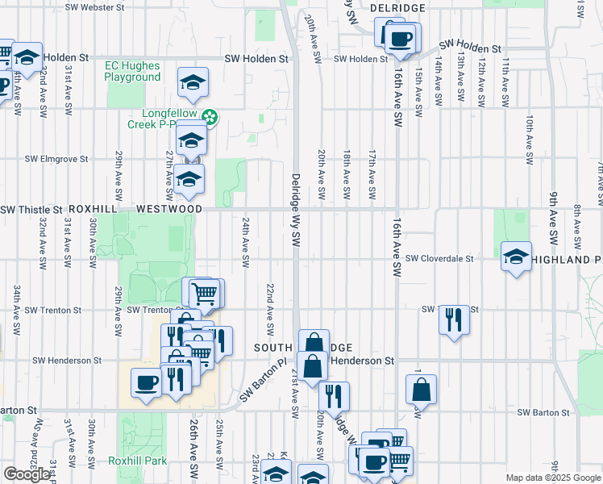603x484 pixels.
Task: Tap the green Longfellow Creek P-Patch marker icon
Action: pos(210,118)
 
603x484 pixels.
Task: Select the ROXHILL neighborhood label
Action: pos(94,208)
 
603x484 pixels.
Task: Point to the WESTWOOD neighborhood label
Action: pos(169,208)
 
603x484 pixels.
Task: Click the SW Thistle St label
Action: pos(31,210)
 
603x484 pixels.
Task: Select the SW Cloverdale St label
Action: pos(439,259)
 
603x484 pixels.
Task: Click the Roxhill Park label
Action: pos(138,461)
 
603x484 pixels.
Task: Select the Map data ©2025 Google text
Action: pos(553,478)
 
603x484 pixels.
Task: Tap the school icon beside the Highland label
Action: pos(516,257)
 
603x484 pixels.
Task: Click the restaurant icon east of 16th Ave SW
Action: pos(455,319)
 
